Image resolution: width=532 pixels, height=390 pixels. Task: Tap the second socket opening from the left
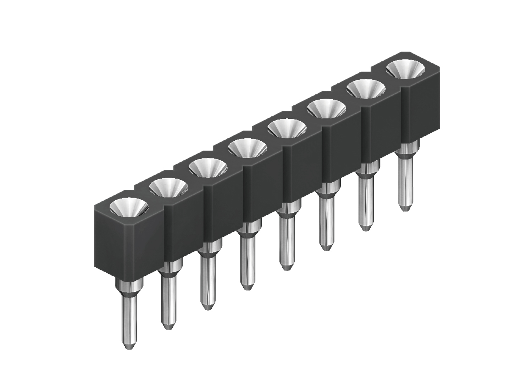tap(168, 186)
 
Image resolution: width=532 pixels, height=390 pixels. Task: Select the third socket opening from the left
tap(207, 167)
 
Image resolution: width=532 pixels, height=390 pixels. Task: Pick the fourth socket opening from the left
tap(247, 147)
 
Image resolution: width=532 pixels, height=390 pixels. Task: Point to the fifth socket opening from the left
tap(287, 128)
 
